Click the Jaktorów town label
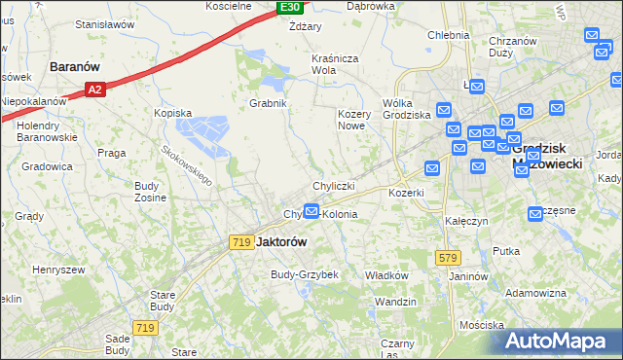coord(281,242)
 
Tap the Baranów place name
coord(77,67)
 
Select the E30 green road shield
coord(289,8)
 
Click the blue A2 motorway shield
coord(94,90)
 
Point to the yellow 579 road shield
coord(447,257)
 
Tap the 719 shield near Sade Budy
coord(146,329)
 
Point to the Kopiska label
coord(173,113)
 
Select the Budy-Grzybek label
coord(304,274)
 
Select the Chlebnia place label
coord(448,35)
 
